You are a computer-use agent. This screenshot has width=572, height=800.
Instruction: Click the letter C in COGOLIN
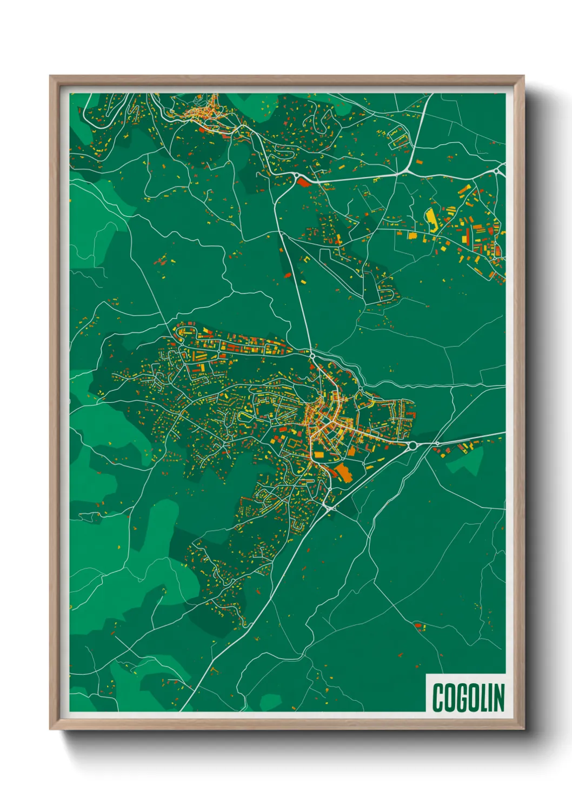(438, 698)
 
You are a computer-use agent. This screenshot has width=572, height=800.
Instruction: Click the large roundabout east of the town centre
(414, 445)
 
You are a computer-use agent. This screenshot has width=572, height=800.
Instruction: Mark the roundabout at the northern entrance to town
(312, 356)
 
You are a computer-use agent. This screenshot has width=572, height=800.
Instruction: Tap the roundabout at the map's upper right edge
(496, 171)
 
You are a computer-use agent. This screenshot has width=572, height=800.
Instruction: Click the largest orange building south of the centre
(343, 472)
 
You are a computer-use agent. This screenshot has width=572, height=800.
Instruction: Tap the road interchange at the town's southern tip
(329, 508)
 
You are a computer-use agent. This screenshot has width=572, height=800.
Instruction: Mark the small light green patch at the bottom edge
(270, 702)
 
